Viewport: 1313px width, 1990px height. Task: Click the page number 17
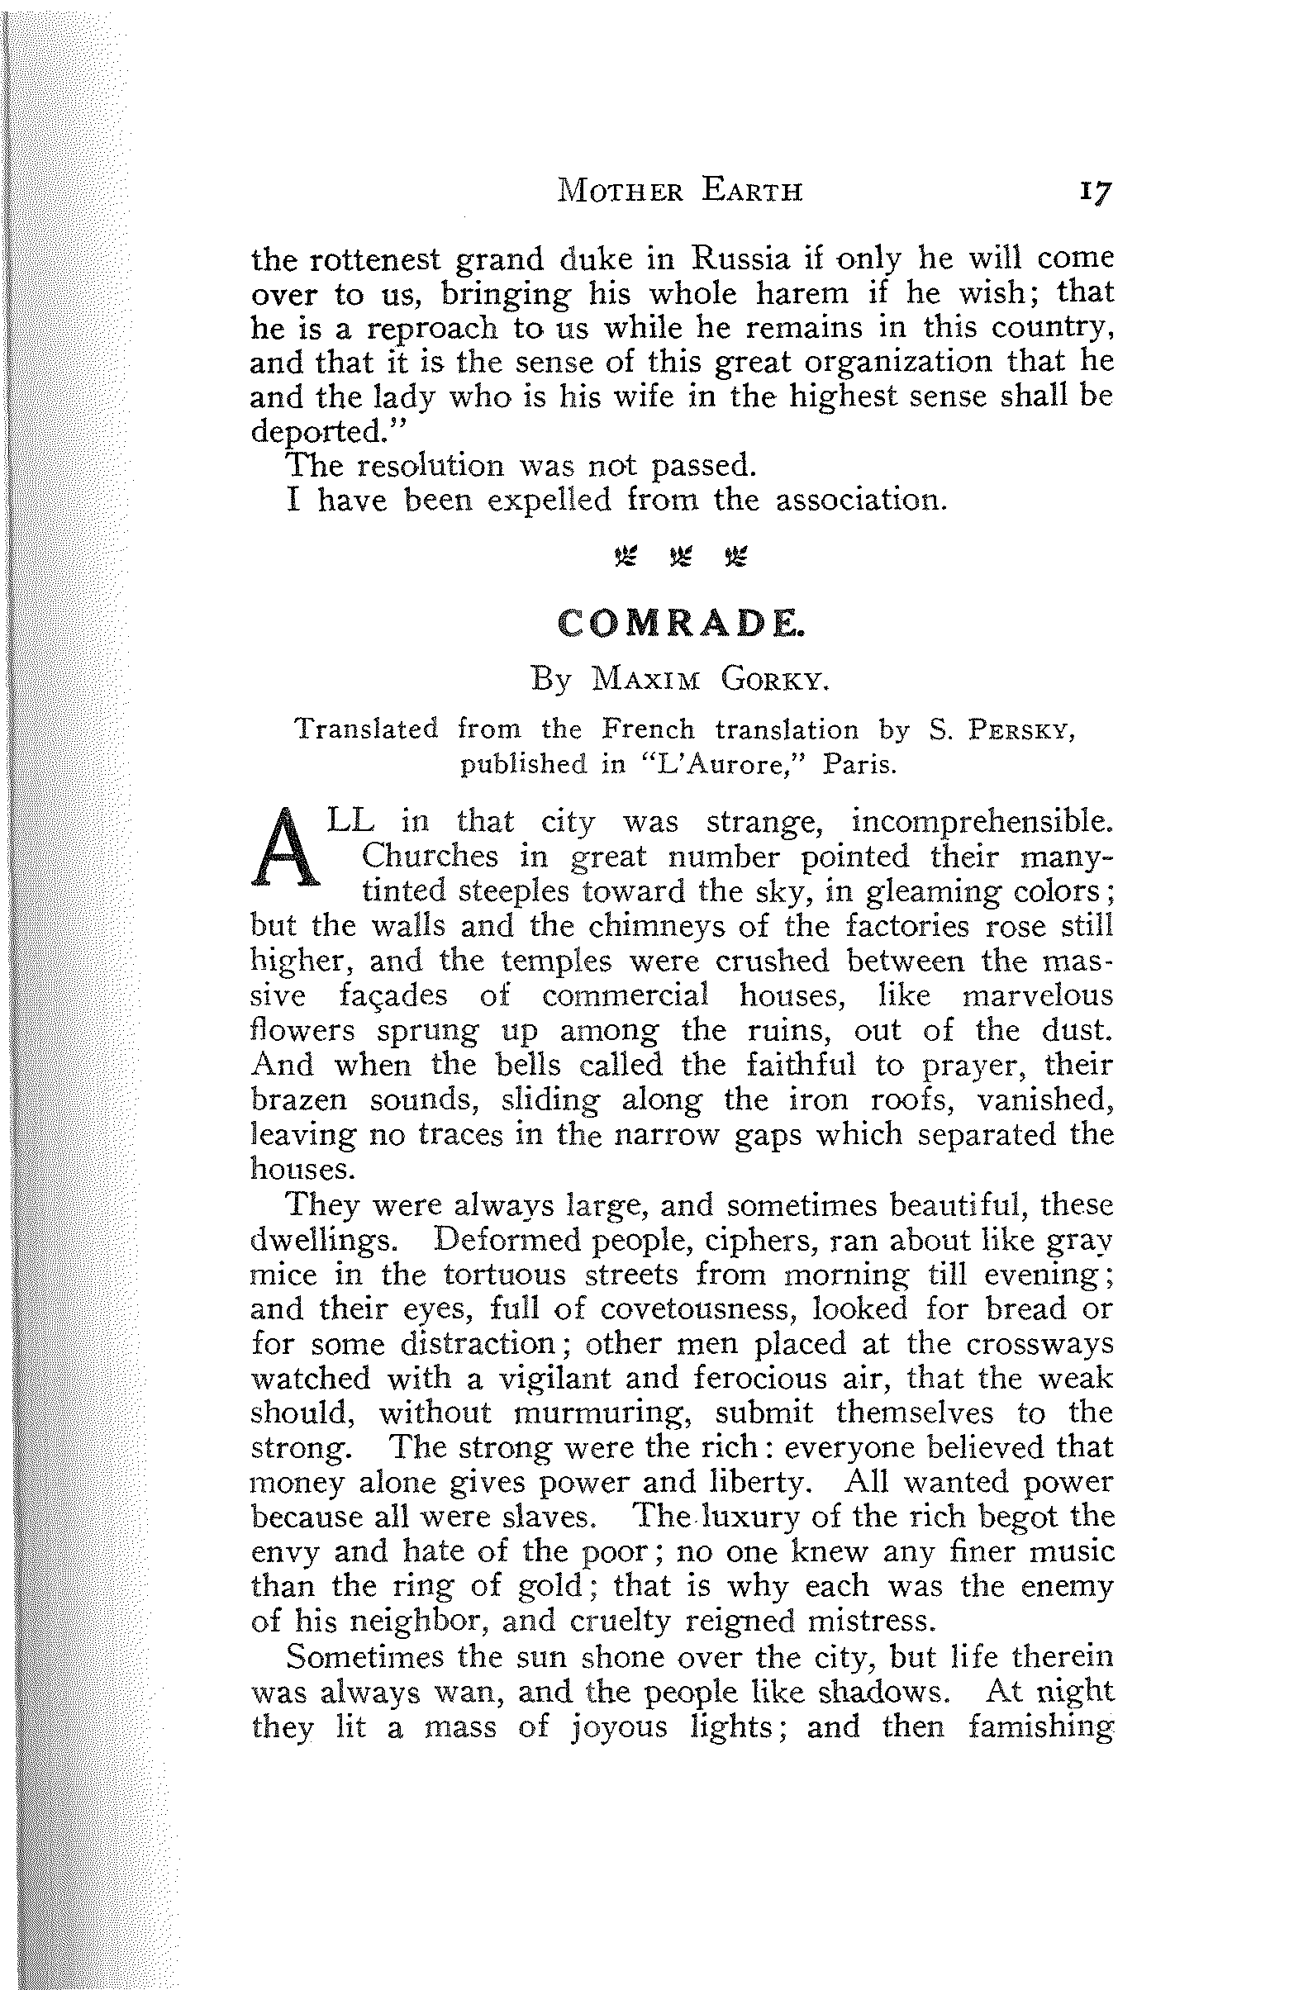[x=1095, y=192]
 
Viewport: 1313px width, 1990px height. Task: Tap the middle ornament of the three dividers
[x=680, y=556]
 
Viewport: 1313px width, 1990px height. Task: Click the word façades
[x=392, y=996]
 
